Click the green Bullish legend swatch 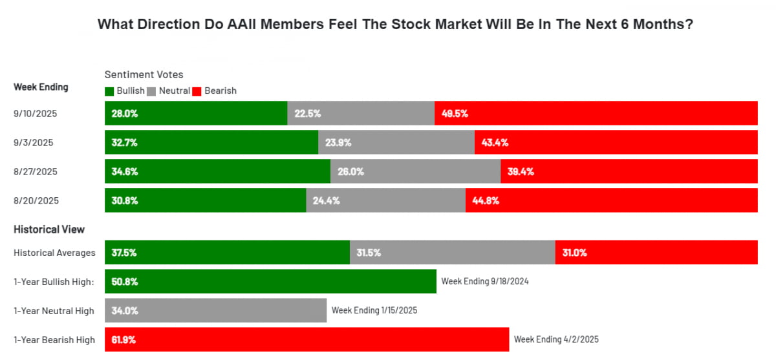pos(109,91)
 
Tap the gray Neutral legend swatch pos(153,91)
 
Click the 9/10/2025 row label pos(36,113)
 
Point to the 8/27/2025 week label pos(36,171)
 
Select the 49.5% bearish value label pos(455,113)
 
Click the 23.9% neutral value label pos(338,142)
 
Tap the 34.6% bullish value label pos(124,171)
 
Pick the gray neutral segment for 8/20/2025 pos(385,200)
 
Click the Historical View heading pos(49,229)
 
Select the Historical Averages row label pos(54,253)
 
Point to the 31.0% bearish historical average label pos(574,253)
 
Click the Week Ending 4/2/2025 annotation pos(556,339)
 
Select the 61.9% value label pos(124,339)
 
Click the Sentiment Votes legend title pos(144,75)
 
